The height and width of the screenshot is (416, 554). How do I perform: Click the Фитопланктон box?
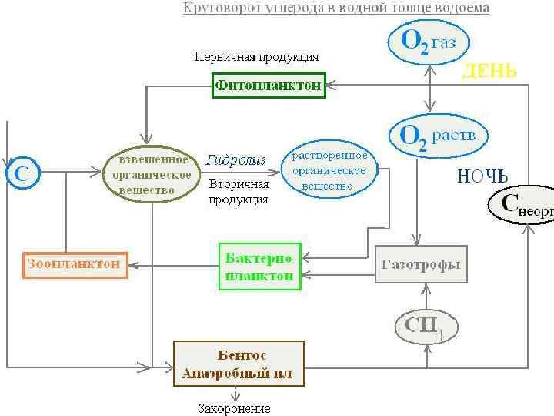269,86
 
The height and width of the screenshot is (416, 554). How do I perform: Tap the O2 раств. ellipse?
439,136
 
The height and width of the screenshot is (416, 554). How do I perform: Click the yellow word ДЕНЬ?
489,72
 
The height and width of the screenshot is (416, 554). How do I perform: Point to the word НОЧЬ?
482,176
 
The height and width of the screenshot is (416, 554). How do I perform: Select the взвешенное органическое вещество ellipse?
152,174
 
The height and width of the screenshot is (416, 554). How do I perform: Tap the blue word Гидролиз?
235,160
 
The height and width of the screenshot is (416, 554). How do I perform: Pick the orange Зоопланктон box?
74,264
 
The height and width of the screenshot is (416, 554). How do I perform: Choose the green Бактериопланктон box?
260,266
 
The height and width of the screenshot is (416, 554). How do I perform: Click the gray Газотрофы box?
421,264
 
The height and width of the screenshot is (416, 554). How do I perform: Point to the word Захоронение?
235,408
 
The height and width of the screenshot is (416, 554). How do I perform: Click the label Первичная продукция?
256,57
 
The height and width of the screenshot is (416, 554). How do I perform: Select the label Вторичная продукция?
239,192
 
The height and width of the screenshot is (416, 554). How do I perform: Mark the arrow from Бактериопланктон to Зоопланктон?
173,265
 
